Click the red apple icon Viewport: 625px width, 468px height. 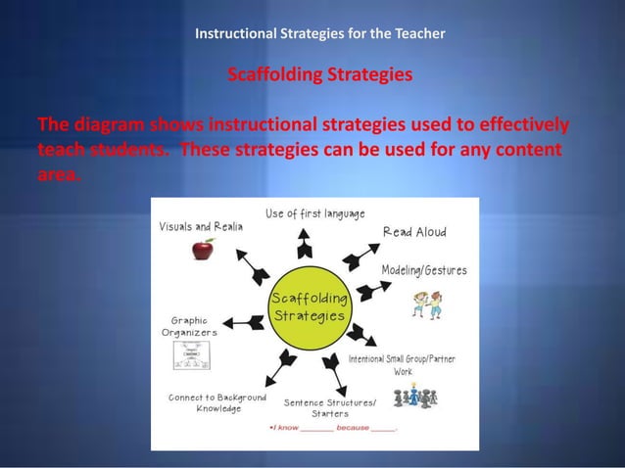coord(203,249)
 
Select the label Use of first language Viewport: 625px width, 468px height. coord(315,213)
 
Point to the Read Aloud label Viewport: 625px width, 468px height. coord(414,232)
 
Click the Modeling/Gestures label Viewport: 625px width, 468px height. coord(423,269)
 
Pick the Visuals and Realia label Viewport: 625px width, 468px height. coord(201,225)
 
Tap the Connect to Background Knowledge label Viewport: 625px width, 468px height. coord(216,403)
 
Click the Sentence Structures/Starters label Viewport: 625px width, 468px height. coord(329,408)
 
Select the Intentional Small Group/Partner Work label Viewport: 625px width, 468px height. coord(402,365)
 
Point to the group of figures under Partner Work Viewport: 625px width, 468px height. coord(414,398)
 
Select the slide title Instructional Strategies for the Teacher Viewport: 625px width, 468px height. coord(320,33)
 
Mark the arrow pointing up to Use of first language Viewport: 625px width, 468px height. coord(306,240)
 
